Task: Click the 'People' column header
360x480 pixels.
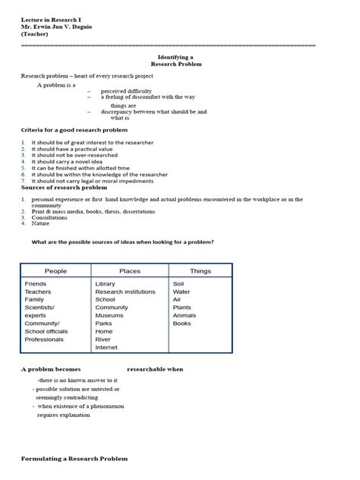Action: [x=55, y=271]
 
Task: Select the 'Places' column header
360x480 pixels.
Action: [x=129, y=271]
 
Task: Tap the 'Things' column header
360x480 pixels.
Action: [x=201, y=271]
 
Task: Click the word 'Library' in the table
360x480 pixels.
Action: [x=106, y=284]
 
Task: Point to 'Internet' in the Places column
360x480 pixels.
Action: [x=106, y=348]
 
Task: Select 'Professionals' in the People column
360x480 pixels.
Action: [x=44, y=339]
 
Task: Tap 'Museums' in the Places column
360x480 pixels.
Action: [x=109, y=315]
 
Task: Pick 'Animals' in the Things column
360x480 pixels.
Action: [x=185, y=315]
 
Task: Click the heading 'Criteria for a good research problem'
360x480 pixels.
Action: [x=74, y=131]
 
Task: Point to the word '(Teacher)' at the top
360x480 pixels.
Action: [x=35, y=34]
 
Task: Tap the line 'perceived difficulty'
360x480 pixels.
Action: [x=127, y=91]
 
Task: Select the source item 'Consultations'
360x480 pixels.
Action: [x=49, y=217]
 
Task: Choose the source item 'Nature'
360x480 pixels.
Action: [x=40, y=223]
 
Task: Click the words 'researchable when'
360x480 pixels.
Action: [x=155, y=369]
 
